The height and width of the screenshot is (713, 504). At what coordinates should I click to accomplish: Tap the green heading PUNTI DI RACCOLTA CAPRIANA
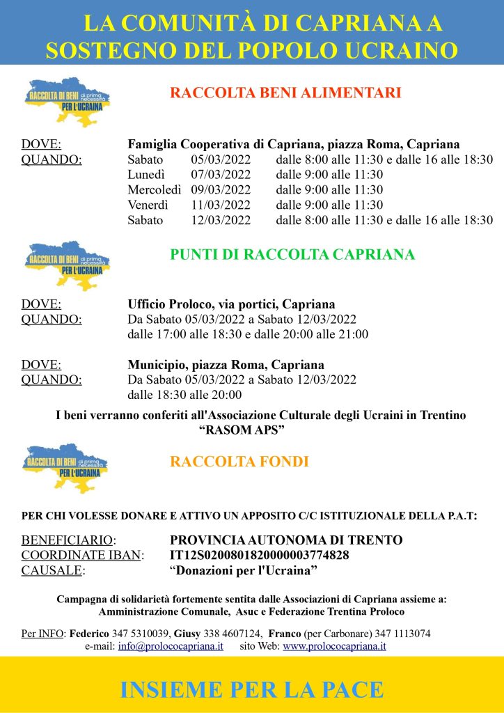(x=292, y=254)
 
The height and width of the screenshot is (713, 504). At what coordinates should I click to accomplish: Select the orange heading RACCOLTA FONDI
(x=239, y=461)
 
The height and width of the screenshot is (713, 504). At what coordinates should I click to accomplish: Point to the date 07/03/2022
(x=221, y=175)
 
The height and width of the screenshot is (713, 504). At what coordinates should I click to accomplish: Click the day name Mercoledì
(x=155, y=190)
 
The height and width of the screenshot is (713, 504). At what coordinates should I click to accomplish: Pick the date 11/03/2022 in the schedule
(x=221, y=205)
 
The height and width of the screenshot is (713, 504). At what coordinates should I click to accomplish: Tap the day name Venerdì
(x=149, y=205)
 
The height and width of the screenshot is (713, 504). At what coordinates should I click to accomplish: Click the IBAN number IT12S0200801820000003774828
(x=260, y=555)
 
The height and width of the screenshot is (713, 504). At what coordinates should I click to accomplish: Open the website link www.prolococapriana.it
(x=334, y=646)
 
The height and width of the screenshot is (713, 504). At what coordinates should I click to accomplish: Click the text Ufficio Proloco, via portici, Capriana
(x=231, y=304)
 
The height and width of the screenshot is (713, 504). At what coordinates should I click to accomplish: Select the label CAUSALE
(x=53, y=570)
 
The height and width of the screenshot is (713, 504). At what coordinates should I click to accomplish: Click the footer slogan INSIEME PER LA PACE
(x=252, y=689)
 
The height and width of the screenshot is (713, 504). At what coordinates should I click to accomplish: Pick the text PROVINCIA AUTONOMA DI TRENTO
(x=286, y=540)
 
